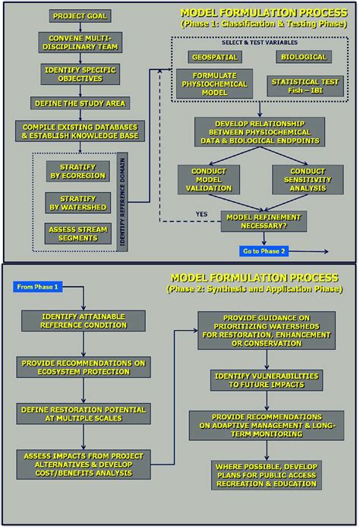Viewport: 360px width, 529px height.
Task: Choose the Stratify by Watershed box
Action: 76,203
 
